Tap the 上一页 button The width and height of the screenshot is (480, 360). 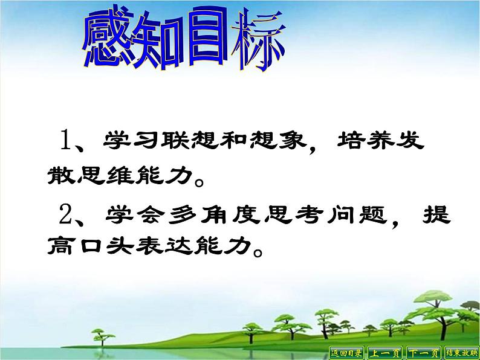click(386, 353)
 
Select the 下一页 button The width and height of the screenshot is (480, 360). click(423, 353)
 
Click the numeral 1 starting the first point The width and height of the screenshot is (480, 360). click(66, 141)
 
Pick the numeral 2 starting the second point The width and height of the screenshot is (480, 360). click(66, 214)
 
